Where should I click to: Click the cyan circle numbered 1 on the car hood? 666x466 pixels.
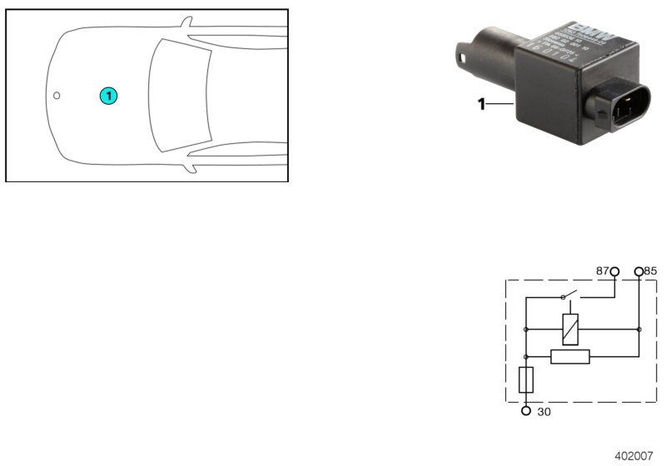(108, 96)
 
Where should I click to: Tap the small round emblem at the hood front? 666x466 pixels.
(57, 95)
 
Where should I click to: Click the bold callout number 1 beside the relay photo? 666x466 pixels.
(481, 104)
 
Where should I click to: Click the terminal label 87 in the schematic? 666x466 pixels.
(601, 271)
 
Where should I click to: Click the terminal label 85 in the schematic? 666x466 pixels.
(651, 271)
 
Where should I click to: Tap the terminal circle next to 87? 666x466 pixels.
(614, 271)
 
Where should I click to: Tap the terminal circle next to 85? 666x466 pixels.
(639, 271)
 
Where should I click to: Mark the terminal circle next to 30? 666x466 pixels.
(525, 410)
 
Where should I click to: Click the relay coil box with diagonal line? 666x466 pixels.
(571, 330)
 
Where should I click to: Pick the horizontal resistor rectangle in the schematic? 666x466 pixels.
(570, 357)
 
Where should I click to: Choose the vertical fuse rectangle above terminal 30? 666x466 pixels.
(525, 381)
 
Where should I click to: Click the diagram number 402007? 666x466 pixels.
(634, 455)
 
